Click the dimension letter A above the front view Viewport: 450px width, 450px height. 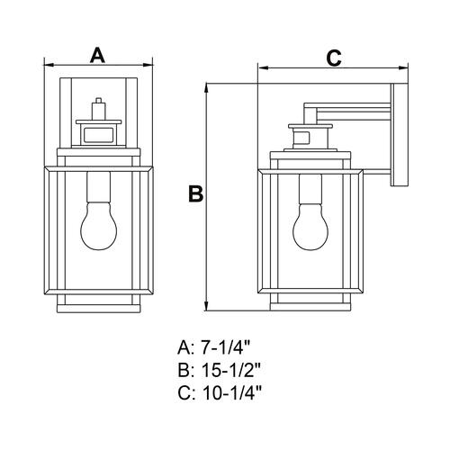[97, 55]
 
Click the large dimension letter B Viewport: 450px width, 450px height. [196, 193]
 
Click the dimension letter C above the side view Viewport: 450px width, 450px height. [334, 58]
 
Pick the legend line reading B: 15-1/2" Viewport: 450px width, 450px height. [220, 370]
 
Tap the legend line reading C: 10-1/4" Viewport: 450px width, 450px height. [220, 392]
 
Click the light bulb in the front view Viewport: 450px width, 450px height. [99, 225]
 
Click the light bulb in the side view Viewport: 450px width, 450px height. [310, 227]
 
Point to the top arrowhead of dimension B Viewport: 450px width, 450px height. [206, 88]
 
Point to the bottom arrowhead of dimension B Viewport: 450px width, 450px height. [206, 305]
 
